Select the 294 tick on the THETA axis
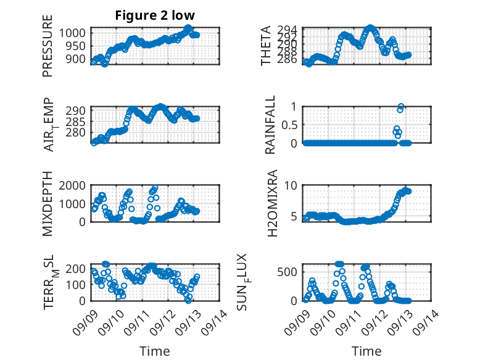click(x=289, y=30)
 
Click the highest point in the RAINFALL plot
click(x=401, y=107)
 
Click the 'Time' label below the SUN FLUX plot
click(x=366, y=351)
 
